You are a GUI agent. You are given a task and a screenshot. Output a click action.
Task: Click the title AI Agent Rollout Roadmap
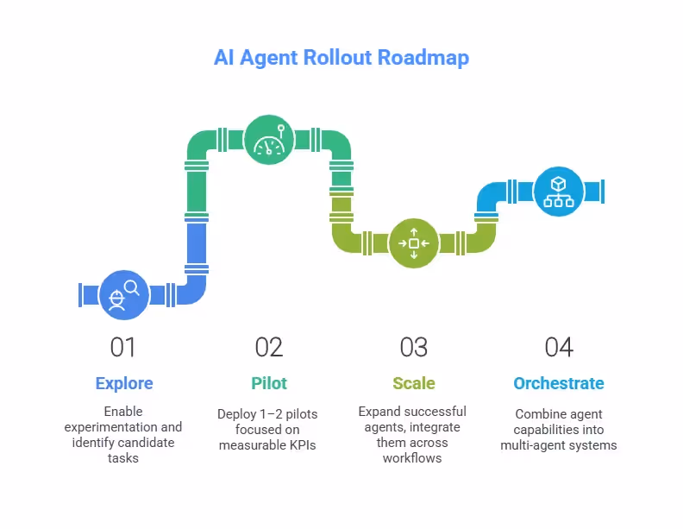click(341, 59)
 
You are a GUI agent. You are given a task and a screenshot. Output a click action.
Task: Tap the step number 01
click(123, 348)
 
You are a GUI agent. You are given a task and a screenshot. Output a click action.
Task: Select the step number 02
click(269, 348)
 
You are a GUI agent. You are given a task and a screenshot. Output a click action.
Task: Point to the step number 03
click(414, 348)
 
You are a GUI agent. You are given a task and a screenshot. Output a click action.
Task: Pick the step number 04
click(559, 348)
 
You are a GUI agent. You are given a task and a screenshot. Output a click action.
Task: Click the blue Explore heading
click(123, 383)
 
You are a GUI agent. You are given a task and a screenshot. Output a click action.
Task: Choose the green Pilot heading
click(269, 383)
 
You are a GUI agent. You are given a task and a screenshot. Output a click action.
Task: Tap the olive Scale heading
click(414, 383)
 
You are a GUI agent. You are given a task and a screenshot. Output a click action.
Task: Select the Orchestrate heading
click(559, 383)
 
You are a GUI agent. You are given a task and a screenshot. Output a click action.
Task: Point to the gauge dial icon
click(268, 140)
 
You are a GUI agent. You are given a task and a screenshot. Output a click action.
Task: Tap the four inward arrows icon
click(414, 243)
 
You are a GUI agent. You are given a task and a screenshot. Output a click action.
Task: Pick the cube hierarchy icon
click(558, 191)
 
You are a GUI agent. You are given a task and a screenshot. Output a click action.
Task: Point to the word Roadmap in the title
click(428, 59)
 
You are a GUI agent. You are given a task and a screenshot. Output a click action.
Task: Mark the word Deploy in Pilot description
click(236, 414)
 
